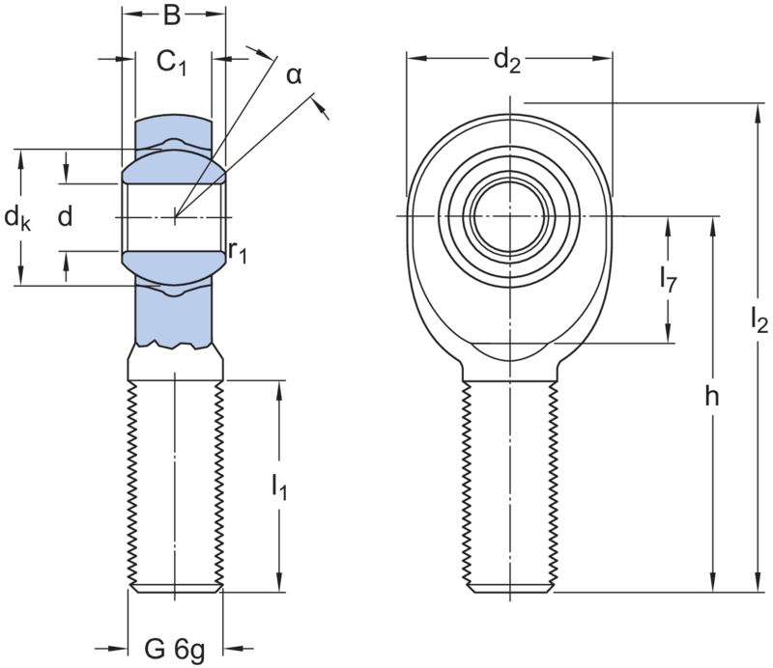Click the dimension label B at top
point(172,15)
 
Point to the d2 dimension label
point(506,61)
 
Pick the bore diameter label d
point(65,217)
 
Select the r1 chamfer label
point(240,253)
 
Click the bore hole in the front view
point(507,212)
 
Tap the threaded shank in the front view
point(508,483)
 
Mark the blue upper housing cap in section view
point(174,129)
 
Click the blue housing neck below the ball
point(174,319)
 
